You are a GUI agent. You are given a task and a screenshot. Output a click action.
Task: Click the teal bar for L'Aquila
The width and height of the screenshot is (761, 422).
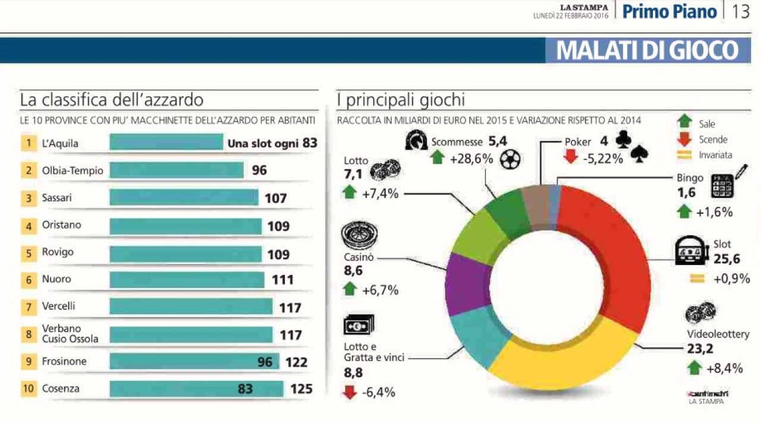pyautogui.click(x=166, y=143)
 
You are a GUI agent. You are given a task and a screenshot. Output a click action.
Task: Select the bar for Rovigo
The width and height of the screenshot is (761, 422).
pyautogui.click(x=185, y=254)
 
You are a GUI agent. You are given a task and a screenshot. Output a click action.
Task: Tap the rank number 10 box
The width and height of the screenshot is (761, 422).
pyautogui.click(x=28, y=389)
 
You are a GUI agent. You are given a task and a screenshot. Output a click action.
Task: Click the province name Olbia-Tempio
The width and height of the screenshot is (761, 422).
pyautogui.click(x=73, y=171)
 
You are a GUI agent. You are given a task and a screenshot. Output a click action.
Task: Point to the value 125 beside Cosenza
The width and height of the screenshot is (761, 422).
pyautogui.click(x=301, y=389)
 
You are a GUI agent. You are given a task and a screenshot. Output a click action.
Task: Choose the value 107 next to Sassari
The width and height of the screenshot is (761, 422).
pyautogui.click(x=276, y=198)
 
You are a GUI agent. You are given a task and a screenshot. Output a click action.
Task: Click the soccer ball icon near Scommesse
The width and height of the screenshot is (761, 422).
pyautogui.click(x=510, y=159)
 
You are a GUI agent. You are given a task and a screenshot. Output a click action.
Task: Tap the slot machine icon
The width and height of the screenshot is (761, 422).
pyautogui.click(x=691, y=252)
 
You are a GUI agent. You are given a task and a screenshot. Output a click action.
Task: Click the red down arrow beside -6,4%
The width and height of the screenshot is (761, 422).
pyautogui.click(x=351, y=392)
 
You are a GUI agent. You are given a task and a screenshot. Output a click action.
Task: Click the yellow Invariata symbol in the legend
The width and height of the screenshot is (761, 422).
pyautogui.click(x=685, y=155)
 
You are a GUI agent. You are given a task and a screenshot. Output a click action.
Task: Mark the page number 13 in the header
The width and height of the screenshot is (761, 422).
pyautogui.click(x=740, y=12)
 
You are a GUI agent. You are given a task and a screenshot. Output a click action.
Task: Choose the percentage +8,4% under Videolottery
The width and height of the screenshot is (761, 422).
pyautogui.click(x=725, y=369)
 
